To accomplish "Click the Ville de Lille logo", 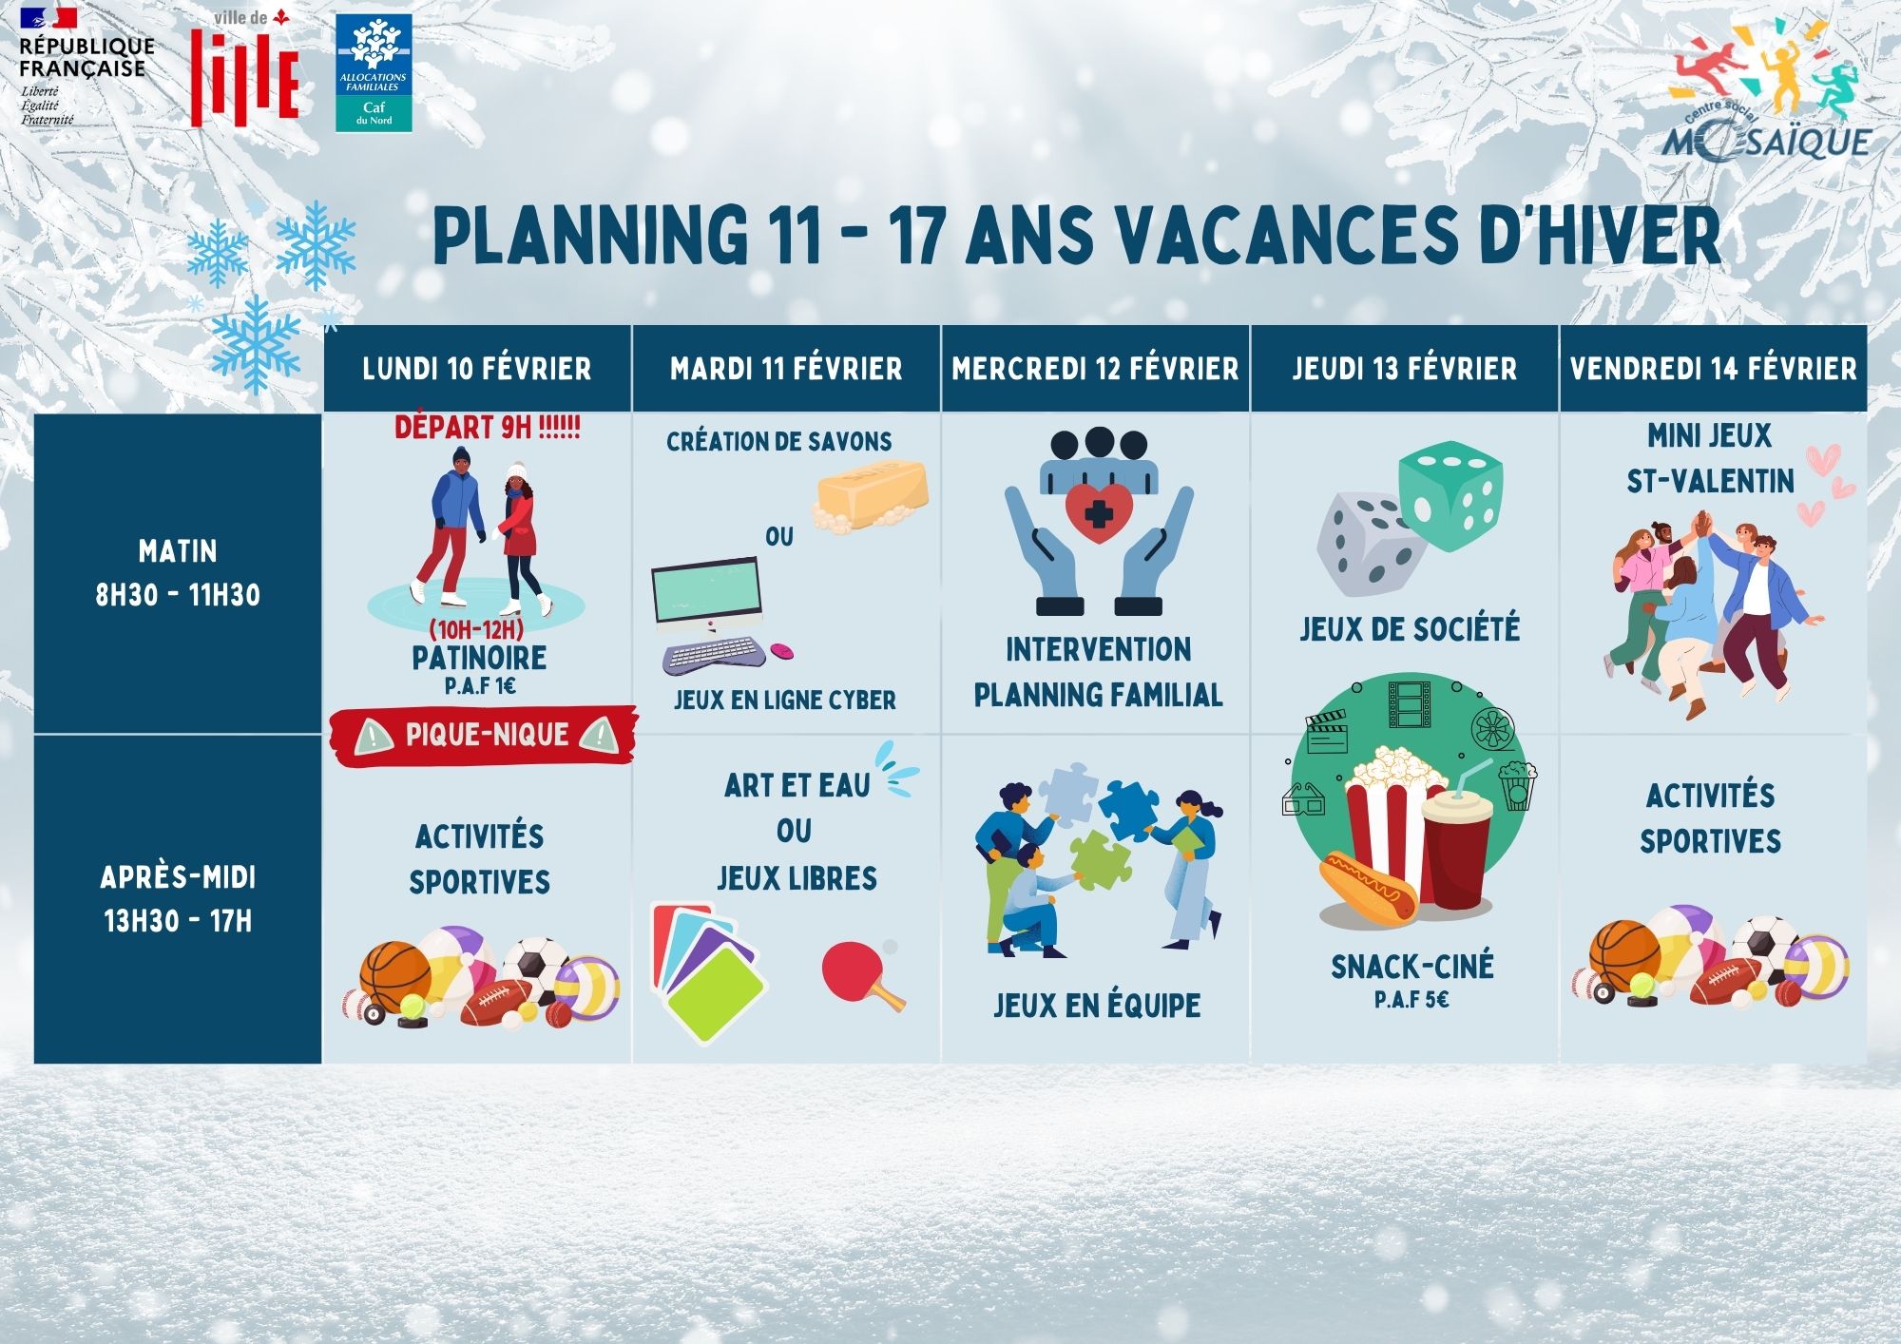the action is pyautogui.click(x=245, y=67).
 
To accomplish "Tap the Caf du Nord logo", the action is pyautogui.click(x=374, y=72).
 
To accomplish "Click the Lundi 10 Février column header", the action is pyautogui.click(x=477, y=369).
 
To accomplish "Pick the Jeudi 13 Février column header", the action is pyautogui.click(x=1405, y=369).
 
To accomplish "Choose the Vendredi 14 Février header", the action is pyautogui.click(x=1713, y=369).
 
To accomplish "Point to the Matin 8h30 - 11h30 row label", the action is pyautogui.click(x=178, y=573).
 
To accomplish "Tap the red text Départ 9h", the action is pyautogui.click(x=488, y=428).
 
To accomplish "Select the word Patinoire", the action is pyautogui.click(x=479, y=658).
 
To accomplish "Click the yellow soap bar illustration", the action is pyautogui.click(x=870, y=494).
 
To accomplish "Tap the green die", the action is pyautogui.click(x=1450, y=500).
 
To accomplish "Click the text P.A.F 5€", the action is pyautogui.click(x=1411, y=1000).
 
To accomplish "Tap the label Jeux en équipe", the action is pyautogui.click(x=1097, y=1006).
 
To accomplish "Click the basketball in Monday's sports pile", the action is pyautogui.click(x=394, y=979).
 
